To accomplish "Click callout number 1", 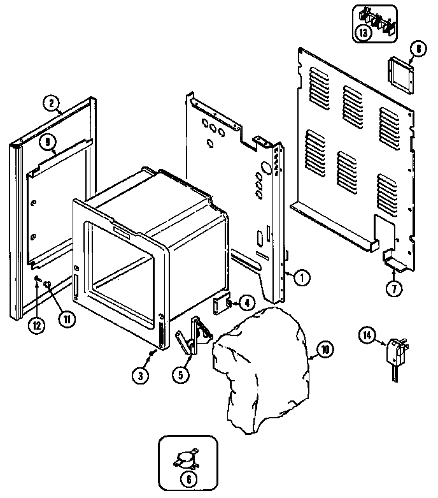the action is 301,277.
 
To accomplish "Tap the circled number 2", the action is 52,103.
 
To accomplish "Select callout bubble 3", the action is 140,376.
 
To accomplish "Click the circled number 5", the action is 180,375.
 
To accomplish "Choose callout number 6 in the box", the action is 188,480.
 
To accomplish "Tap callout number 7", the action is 394,288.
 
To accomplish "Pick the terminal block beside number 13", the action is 378,22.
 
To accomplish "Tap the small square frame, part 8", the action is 401,75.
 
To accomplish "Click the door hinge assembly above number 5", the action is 194,335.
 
